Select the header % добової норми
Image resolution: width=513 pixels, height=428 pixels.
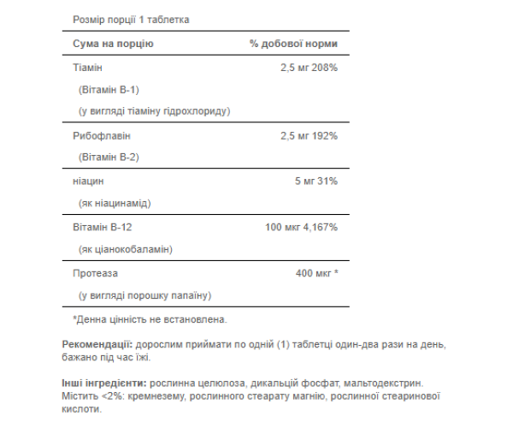click(294, 43)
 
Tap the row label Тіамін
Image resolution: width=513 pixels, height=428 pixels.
click(84, 67)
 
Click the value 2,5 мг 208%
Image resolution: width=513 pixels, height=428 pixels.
click(304, 67)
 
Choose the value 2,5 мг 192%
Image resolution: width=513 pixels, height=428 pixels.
click(304, 135)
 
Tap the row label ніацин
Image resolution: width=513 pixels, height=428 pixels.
click(85, 181)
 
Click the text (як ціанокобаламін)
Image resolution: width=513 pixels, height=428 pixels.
click(125, 249)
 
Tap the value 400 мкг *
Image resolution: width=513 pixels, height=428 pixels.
click(316, 273)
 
